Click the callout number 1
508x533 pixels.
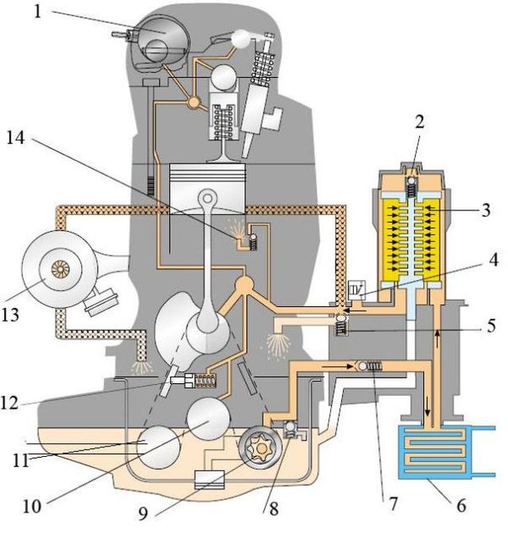(x=37, y=12)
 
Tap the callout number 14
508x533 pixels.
(x=16, y=138)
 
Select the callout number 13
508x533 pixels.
(x=10, y=315)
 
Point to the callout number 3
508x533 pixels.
(x=487, y=209)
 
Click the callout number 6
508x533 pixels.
(x=461, y=505)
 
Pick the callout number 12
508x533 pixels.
(x=10, y=403)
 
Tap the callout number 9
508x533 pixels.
(x=143, y=513)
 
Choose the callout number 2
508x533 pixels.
(x=420, y=121)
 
